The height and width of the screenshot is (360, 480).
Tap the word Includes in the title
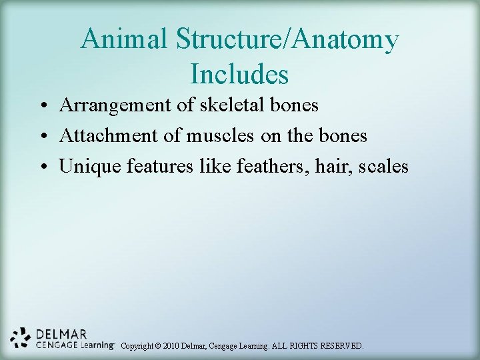point(239,73)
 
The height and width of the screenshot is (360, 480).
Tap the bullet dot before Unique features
point(42,167)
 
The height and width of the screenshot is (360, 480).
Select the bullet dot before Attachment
point(42,137)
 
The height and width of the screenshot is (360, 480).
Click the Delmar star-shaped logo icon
point(21,338)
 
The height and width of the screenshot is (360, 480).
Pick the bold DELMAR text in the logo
point(62,333)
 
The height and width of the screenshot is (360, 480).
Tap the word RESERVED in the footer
point(342,346)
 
